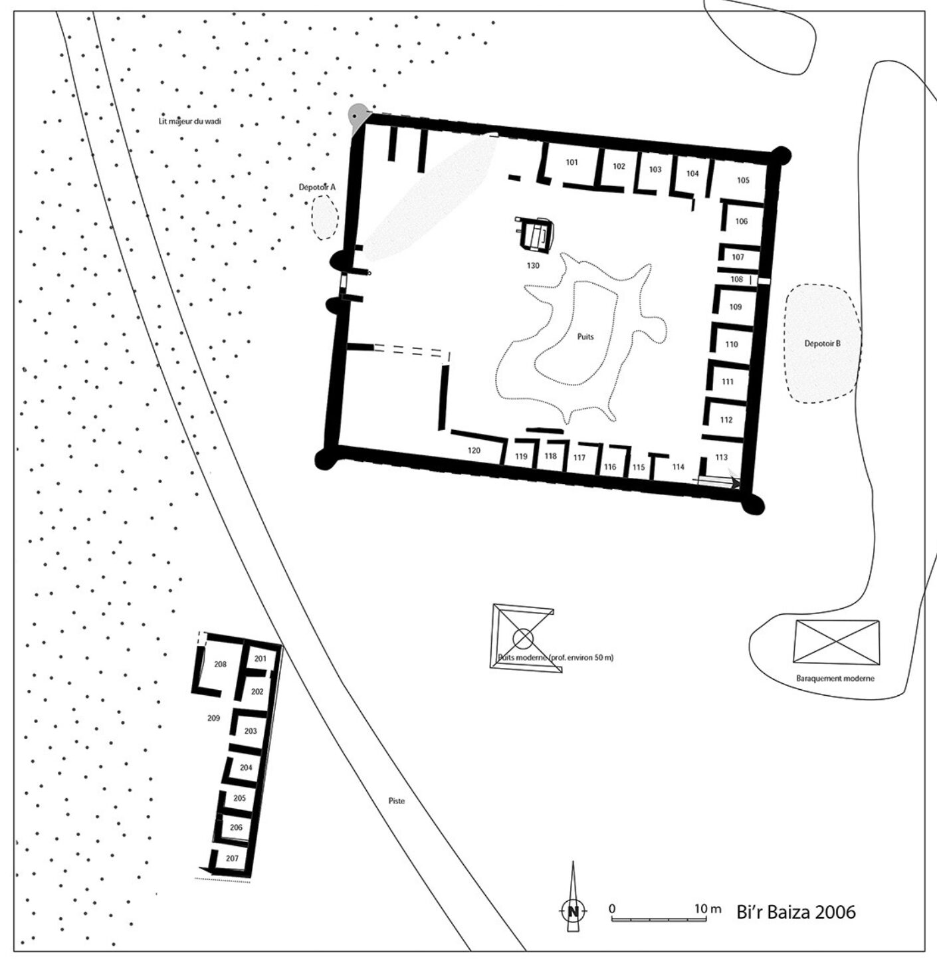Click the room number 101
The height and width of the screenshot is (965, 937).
click(572, 162)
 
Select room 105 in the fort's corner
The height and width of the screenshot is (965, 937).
click(743, 180)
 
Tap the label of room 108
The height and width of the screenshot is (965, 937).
click(737, 279)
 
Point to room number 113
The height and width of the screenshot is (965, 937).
click(721, 457)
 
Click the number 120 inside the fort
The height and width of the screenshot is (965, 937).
click(474, 451)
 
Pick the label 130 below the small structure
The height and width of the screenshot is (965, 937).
click(533, 266)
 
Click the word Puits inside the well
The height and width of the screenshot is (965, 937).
click(585, 337)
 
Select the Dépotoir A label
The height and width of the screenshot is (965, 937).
click(317, 187)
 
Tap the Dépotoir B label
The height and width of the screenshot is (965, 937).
click(823, 343)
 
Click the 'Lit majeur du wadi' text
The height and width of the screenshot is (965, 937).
click(190, 121)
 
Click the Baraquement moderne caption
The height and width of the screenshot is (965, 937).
click(835, 679)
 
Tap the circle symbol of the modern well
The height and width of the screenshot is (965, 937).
click(522, 638)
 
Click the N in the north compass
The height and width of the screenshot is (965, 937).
click(573, 911)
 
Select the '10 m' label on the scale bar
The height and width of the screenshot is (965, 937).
click(708, 909)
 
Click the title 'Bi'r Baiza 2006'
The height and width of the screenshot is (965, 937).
click(796, 912)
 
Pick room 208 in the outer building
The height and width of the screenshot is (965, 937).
click(220, 664)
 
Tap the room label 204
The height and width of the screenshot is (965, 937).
click(246, 767)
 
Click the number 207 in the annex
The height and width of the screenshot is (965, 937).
click(232, 858)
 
